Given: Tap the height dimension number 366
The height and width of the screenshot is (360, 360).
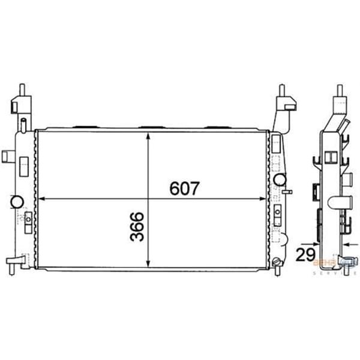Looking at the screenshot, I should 136,226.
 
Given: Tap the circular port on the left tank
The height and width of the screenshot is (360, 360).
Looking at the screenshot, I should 16,201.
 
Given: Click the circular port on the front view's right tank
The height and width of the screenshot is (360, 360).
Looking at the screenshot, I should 279,179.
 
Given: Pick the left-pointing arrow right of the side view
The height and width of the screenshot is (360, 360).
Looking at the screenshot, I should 352,244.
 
